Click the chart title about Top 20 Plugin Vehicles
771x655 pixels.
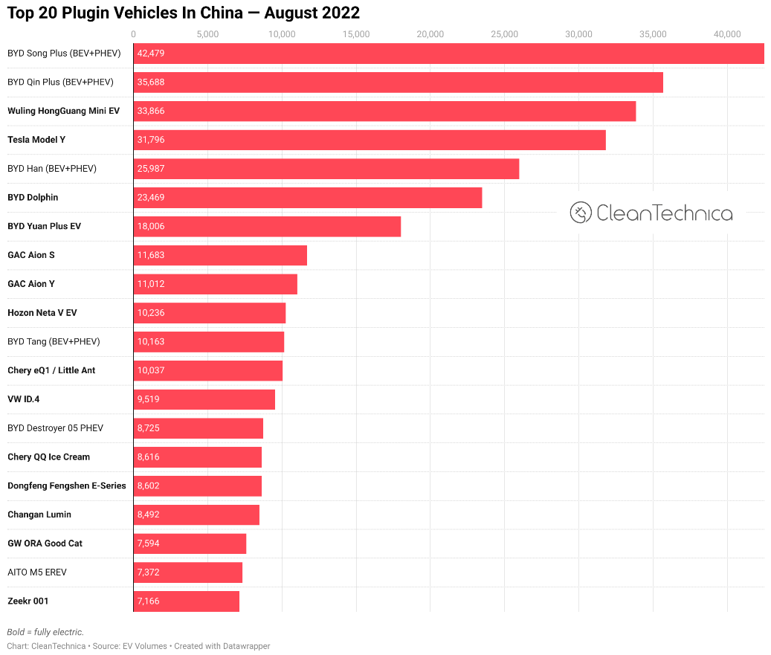coord(184,13)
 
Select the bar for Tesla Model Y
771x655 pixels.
coord(370,140)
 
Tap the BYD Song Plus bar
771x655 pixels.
coord(448,54)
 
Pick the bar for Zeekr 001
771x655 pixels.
coord(187,601)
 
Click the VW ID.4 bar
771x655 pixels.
coord(204,399)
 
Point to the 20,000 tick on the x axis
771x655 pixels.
coord(430,34)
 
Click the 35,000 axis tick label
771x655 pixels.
coord(653,34)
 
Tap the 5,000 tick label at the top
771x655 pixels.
coord(208,34)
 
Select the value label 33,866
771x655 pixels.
coord(151,111)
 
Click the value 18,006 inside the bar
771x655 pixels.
coord(151,226)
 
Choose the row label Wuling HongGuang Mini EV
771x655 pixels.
coord(63,111)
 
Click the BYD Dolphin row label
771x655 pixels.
coord(33,198)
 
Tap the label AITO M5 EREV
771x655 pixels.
coord(37,572)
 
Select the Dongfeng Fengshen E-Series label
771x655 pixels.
coord(67,485)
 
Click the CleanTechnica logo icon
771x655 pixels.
coord(581,213)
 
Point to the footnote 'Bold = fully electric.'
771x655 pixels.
coord(45,632)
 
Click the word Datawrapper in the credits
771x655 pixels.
coord(247,646)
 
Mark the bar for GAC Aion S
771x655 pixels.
coord(220,255)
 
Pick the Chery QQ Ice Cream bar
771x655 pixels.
coord(198,456)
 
